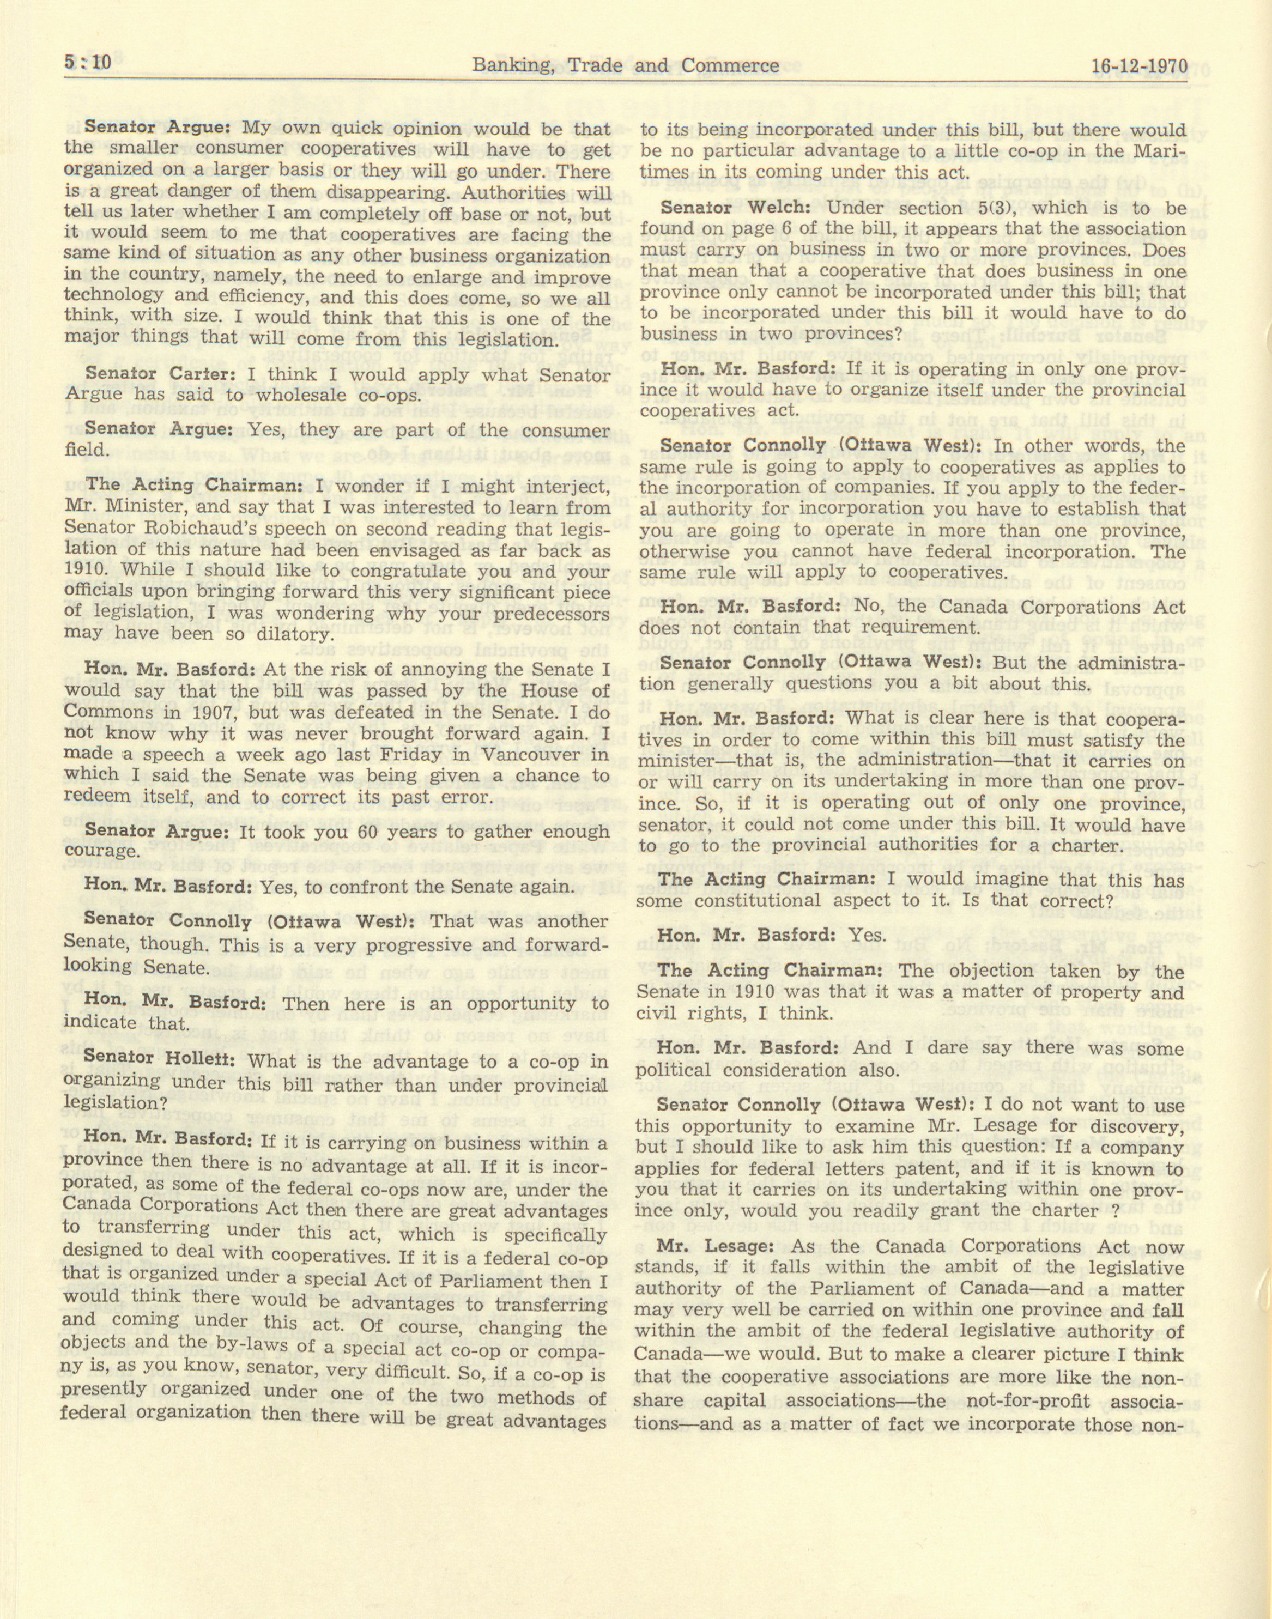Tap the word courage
(99, 851)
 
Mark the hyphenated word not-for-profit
(1028, 1400)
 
